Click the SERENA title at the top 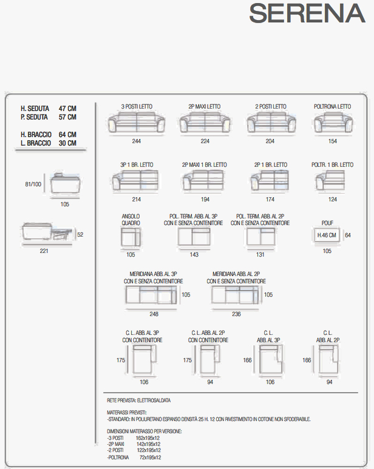click(307, 13)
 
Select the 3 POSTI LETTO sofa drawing click(137, 122)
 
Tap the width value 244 click(137, 141)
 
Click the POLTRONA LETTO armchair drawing click(333, 123)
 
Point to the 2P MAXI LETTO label click(205, 107)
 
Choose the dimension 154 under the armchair click(333, 141)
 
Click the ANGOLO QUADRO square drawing click(131, 237)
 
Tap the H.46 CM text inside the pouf click(327, 235)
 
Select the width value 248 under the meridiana click(154, 314)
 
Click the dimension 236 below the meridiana click(236, 314)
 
